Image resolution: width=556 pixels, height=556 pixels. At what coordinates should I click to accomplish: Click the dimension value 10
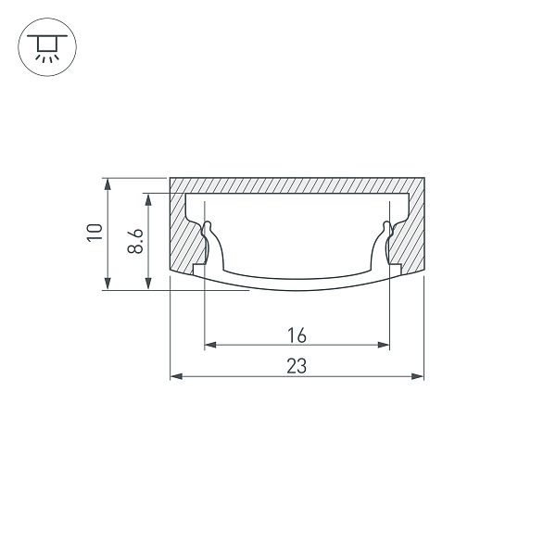click(x=95, y=233)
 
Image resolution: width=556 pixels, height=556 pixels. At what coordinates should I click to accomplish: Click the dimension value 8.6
click(x=135, y=241)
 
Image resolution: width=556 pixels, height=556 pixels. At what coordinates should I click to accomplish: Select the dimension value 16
click(x=297, y=335)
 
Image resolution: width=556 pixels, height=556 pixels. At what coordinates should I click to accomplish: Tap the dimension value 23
click(x=297, y=366)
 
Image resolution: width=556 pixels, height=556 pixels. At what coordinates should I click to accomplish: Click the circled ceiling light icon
click(x=47, y=47)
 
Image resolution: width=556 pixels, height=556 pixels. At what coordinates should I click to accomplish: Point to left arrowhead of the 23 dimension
click(x=176, y=376)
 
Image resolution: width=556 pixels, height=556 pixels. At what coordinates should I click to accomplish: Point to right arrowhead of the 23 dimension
click(x=418, y=376)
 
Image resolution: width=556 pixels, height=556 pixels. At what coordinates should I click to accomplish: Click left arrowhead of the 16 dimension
click(x=210, y=345)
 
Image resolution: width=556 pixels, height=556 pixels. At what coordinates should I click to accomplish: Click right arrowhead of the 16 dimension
click(x=384, y=345)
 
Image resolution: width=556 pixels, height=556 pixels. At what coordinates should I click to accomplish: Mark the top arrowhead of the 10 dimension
click(x=107, y=184)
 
